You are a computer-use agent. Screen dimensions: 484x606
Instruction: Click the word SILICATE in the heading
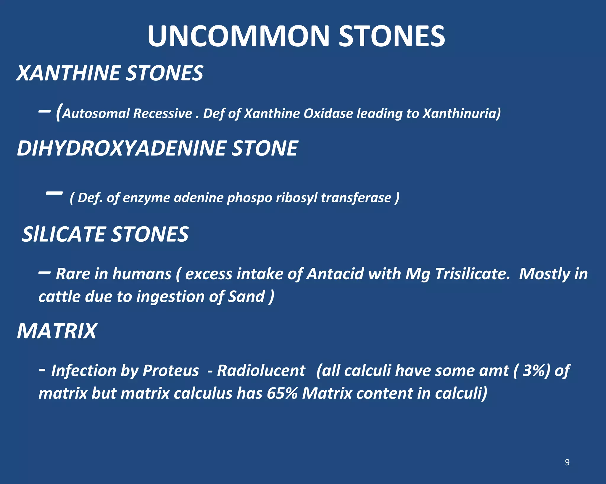[x=64, y=234]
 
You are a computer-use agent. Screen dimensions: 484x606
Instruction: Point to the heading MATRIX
[x=57, y=331]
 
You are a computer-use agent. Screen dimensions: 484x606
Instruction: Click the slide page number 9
[x=567, y=462]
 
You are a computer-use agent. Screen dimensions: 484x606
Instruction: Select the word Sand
[x=246, y=296]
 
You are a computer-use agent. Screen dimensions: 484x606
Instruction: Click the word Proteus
[x=171, y=371]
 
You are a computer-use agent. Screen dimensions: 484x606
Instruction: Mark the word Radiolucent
[x=261, y=371]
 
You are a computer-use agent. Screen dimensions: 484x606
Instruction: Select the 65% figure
[x=282, y=393]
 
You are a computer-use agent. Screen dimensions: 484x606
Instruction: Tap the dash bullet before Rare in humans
[x=44, y=272]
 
